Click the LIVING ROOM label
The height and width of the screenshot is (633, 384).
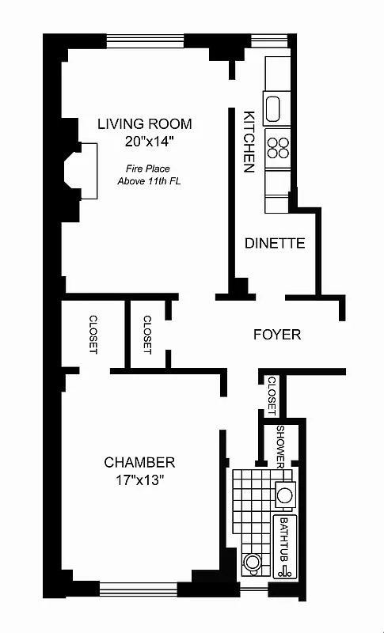coord(144,124)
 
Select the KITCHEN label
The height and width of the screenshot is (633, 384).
coord(248,141)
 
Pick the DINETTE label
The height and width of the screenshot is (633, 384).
coord(275,243)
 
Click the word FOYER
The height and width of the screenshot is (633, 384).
coord(276,334)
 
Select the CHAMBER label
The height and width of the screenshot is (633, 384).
coord(139,462)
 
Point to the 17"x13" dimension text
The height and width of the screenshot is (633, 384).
coord(139,480)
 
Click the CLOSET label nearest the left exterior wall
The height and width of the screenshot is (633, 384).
coord(93,334)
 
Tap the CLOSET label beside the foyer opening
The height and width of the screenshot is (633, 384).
coord(147,334)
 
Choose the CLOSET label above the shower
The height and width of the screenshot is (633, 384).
coord(271,395)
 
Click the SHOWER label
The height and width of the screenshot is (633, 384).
coord(280,445)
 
